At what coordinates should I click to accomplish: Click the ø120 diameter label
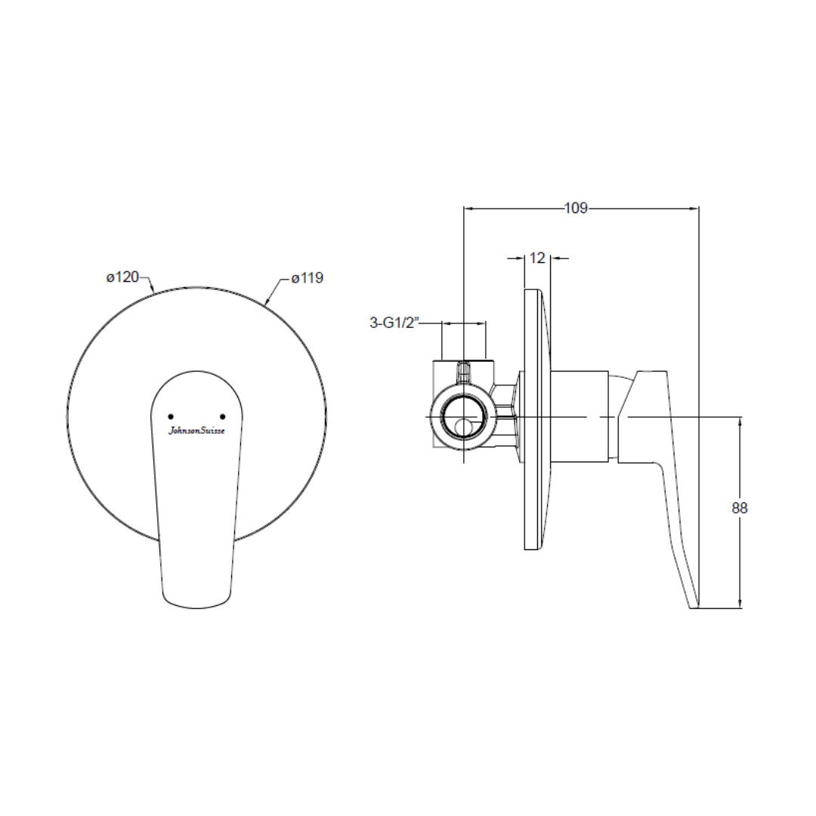click(122, 277)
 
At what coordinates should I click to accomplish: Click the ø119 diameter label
click(308, 278)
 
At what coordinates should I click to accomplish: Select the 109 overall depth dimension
click(576, 209)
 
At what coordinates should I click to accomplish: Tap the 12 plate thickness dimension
click(537, 258)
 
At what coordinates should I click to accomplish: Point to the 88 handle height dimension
click(740, 508)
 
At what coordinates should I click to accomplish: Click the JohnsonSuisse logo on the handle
click(196, 431)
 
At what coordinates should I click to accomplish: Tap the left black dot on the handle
click(170, 416)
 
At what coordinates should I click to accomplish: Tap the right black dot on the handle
click(222, 416)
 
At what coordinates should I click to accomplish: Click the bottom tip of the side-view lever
click(694, 604)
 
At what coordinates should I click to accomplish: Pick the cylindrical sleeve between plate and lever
click(582, 416)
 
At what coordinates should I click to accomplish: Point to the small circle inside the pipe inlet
click(464, 428)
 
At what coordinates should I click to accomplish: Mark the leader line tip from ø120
click(154, 292)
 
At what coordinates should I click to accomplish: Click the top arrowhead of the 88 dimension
click(740, 421)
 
